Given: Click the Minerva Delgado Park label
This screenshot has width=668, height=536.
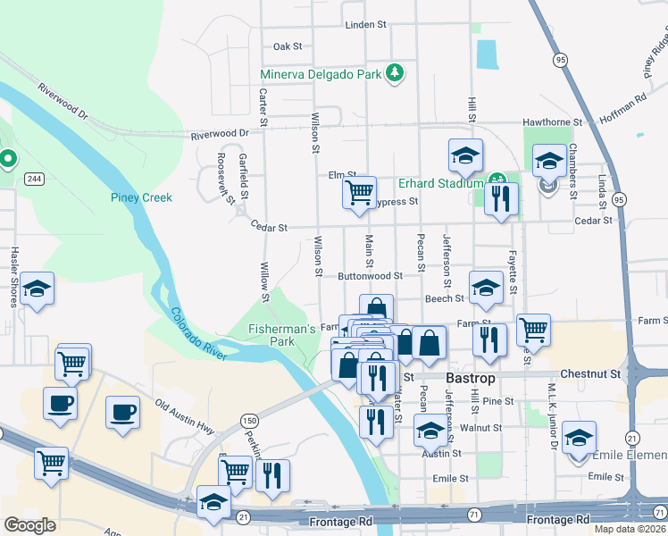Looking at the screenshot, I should click(321, 73).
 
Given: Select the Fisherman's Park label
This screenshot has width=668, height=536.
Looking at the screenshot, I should click(282, 335).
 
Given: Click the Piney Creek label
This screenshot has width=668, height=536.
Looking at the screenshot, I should click(140, 197).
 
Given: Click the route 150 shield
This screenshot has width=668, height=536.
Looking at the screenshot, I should click(248, 419).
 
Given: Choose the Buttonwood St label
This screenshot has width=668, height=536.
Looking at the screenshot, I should click(372, 277).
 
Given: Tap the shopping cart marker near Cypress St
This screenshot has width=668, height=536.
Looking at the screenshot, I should click(360, 192).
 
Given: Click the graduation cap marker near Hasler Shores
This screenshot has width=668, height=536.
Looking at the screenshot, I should click(37, 289).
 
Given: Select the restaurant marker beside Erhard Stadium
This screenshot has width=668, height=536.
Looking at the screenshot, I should click(501, 197).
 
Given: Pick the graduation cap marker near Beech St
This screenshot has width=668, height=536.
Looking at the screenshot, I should click(486, 287).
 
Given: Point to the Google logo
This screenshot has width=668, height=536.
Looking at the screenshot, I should click(29, 524).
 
